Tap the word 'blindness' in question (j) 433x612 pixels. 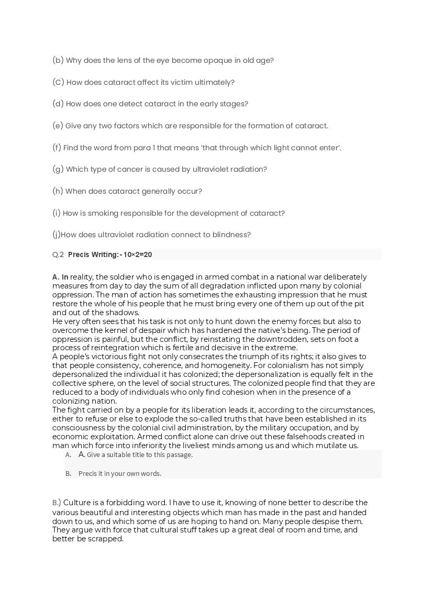tap(232, 235)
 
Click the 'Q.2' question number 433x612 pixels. tap(58, 255)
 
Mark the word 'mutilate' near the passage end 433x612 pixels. tap(329, 446)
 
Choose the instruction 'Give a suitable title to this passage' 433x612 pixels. tap(140, 455)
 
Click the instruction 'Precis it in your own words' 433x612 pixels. tap(120, 474)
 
